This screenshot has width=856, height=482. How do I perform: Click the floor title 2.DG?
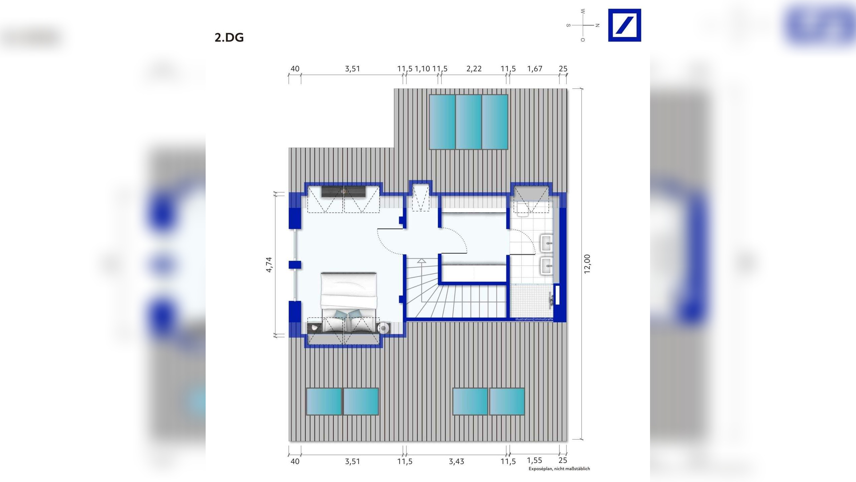[x=229, y=37]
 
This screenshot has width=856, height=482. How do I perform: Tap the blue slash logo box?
[x=624, y=25]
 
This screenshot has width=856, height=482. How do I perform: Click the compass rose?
[x=583, y=25]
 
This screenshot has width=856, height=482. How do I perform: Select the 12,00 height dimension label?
[x=587, y=264]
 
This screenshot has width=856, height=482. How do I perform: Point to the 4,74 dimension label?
[x=269, y=264]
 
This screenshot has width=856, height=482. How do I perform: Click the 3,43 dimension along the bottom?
[x=456, y=462]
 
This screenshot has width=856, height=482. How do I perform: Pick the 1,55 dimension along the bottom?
[x=534, y=461]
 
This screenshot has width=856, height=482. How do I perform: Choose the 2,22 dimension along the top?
[x=474, y=69]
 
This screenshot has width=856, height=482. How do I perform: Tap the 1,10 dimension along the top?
[x=422, y=69]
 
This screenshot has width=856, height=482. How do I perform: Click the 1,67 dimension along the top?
[x=535, y=69]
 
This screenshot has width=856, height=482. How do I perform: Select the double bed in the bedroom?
[x=349, y=303]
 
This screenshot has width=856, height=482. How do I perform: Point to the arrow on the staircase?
[x=422, y=261]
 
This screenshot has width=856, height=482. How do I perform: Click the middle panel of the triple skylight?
[x=468, y=122]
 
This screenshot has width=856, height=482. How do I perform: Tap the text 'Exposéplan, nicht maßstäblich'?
[x=559, y=469]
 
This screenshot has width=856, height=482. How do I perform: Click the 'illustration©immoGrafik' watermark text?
[x=534, y=319]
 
